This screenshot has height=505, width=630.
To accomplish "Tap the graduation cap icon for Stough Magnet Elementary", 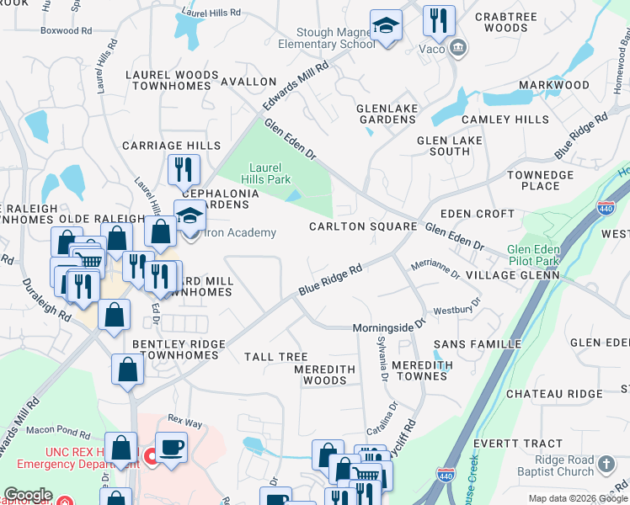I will [386, 28].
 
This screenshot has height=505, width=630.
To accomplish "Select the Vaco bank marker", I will [457, 47].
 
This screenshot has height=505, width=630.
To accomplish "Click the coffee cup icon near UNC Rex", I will [172, 447].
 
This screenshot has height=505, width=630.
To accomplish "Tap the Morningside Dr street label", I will [390, 325].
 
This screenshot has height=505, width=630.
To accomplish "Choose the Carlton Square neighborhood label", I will [363, 226].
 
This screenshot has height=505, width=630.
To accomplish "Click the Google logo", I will [28, 495].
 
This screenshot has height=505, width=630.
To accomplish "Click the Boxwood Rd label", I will [66, 30].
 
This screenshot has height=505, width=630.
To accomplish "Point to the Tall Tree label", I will [275, 358].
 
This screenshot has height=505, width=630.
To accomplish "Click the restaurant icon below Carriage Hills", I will [182, 170].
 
